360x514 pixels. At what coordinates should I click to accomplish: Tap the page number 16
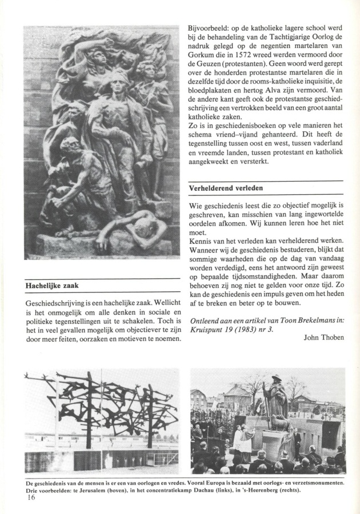(x=30, y=497)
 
